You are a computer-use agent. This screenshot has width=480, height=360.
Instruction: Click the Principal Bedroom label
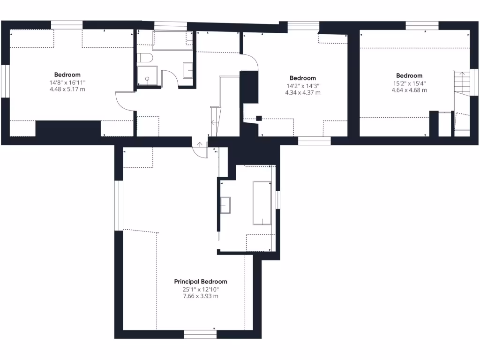(x=201, y=282)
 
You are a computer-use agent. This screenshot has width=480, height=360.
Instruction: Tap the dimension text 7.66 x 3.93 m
(x=201, y=296)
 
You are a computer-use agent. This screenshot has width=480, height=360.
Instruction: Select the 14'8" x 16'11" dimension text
(x=67, y=82)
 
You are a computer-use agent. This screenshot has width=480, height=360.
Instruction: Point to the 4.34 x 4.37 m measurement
(x=303, y=93)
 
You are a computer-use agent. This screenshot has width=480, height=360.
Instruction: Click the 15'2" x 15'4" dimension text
(x=409, y=83)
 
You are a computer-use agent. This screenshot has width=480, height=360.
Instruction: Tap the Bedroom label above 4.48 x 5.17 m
(x=67, y=75)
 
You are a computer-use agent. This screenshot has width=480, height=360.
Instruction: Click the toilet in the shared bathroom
(x=144, y=58)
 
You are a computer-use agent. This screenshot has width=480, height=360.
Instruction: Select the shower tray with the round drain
(x=147, y=75)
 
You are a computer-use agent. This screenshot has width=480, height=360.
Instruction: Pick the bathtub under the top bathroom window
(x=172, y=41)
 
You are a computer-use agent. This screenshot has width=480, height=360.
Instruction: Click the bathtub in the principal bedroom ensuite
(x=262, y=202)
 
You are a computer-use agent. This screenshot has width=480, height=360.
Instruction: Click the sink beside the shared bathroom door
(x=188, y=70)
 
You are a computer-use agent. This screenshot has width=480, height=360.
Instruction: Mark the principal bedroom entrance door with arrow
(x=200, y=149)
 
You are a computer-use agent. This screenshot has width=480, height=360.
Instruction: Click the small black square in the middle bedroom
(x=258, y=118)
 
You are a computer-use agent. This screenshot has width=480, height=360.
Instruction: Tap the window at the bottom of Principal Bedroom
(x=200, y=334)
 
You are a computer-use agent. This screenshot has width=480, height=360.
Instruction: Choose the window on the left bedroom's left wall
(x=5, y=81)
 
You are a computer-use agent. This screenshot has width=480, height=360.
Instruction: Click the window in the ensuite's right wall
(x=278, y=199)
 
